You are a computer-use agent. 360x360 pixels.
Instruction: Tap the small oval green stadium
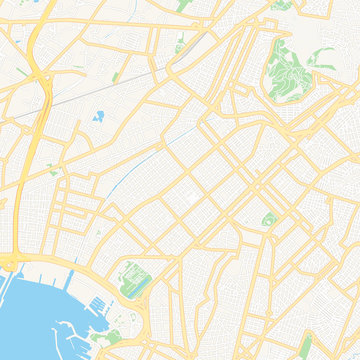268,219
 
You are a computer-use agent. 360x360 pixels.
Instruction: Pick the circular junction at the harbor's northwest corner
9,263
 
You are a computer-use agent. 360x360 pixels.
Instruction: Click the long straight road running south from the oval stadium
262,290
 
